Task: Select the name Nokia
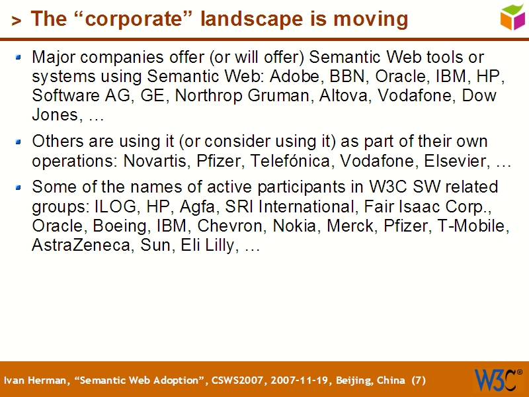(x=296, y=226)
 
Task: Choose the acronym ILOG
(x=114, y=206)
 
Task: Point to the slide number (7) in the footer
(x=419, y=380)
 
